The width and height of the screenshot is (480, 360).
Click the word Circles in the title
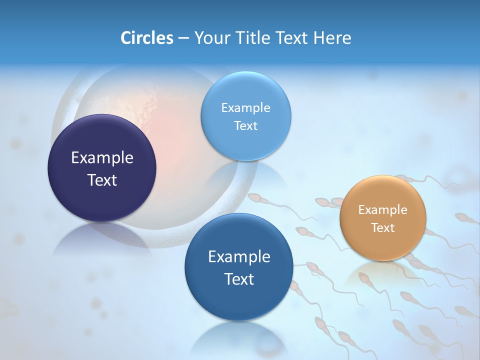(x=147, y=38)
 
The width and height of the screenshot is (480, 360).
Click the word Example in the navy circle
(x=102, y=157)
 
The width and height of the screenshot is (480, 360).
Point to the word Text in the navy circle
(x=102, y=180)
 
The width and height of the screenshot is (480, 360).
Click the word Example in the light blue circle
(x=246, y=107)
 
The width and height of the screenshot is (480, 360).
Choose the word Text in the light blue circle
(x=246, y=125)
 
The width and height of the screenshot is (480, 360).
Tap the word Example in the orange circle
(x=383, y=209)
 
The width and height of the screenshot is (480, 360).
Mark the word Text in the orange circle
(x=383, y=227)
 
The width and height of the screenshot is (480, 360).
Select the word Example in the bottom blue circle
(x=239, y=256)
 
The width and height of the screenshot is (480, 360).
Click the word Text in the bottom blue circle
(x=239, y=279)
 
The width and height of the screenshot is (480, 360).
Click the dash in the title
(x=183, y=38)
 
